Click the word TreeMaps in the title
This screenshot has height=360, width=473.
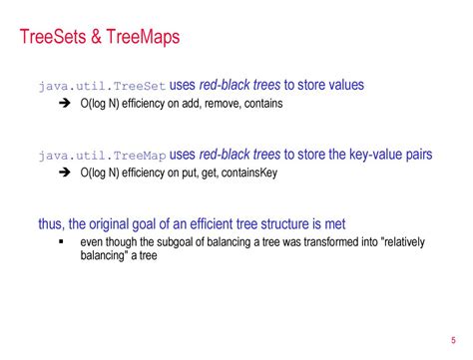tap(144, 39)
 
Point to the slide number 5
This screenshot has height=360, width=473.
tap(452, 337)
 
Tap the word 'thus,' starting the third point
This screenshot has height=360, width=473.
tap(53, 223)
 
